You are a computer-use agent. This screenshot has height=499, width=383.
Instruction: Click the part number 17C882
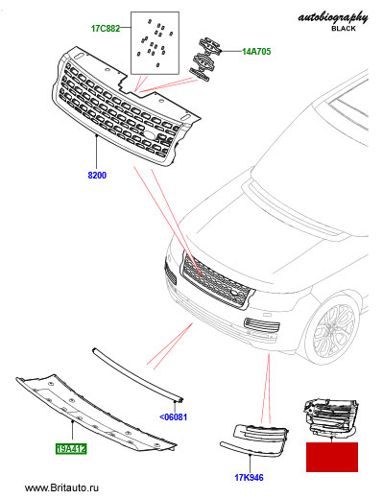(106, 29)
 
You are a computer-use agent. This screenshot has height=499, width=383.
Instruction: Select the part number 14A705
(256, 51)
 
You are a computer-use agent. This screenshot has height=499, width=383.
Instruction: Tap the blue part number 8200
(97, 176)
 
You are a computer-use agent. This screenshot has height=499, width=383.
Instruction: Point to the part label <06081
(173, 417)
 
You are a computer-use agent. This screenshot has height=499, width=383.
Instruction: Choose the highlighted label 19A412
(71, 449)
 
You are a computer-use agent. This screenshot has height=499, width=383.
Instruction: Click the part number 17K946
(249, 478)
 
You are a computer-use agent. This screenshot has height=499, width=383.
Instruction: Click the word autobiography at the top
(333, 17)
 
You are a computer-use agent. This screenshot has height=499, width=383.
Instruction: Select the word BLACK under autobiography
(344, 29)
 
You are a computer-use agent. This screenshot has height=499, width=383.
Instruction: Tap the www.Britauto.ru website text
(61, 487)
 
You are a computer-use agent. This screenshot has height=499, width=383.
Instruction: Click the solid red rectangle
(332, 457)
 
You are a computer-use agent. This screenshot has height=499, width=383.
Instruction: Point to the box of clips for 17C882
(155, 43)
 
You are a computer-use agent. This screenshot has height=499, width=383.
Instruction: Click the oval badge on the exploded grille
(149, 135)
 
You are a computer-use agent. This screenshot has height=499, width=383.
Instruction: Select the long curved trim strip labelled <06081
(138, 375)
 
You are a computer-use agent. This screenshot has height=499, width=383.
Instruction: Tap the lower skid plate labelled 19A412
(96, 415)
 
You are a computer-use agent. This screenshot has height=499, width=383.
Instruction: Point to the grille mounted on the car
(216, 280)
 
